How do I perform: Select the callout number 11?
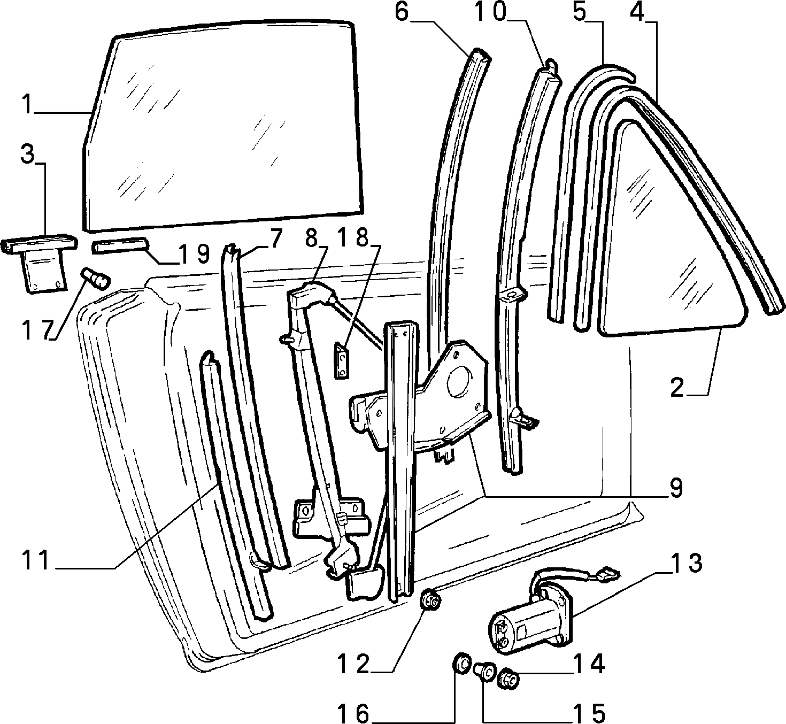[36, 560]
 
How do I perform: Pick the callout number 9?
[676, 488]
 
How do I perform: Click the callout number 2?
[677, 388]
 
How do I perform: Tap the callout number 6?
[402, 12]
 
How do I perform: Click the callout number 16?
[353, 713]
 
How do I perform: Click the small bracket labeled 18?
[342, 360]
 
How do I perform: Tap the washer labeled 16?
[461, 663]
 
